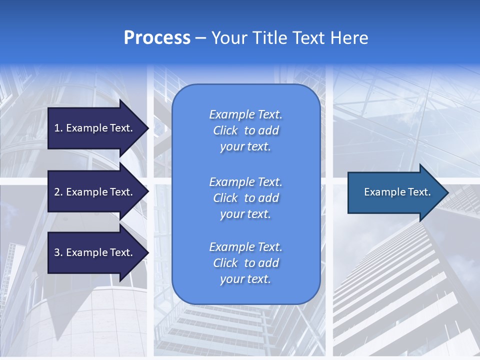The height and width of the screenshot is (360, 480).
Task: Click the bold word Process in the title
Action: tap(157, 38)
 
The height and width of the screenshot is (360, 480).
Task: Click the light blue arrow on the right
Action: tap(395, 192)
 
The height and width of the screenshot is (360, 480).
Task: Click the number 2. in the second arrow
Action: tap(58, 192)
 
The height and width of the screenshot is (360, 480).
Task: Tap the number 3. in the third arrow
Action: tap(58, 253)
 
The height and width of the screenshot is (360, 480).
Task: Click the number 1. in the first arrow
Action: tap(58, 128)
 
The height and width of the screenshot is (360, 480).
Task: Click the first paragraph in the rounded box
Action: tap(245, 130)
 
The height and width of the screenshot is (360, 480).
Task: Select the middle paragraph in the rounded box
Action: tap(245, 198)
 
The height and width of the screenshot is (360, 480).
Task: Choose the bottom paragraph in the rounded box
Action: tap(245, 263)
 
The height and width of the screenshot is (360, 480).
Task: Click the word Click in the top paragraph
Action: tap(225, 130)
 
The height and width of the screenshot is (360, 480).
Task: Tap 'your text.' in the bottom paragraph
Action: tap(245, 279)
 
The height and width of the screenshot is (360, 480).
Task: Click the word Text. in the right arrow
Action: tap(419, 192)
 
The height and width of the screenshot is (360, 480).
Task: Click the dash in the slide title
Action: tap(200, 38)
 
